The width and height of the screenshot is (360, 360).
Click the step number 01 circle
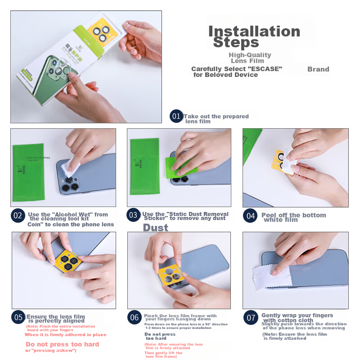[x=176, y=117]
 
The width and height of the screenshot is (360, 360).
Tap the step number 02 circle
[x=18, y=216]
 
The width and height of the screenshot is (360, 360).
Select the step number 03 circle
[x=133, y=216]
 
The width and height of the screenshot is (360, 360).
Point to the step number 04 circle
[x=251, y=216]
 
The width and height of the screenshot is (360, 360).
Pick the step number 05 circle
[x=18, y=317]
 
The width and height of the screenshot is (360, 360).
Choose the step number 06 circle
[x=134, y=317]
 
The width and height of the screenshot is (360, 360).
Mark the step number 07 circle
[x=251, y=317]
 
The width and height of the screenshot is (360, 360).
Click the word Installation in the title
[x=254, y=31]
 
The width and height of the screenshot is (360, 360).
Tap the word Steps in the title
[x=236, y=43]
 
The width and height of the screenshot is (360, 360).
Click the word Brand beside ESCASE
[x=318, y=69]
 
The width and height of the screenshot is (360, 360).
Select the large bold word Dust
[x=155, y=228]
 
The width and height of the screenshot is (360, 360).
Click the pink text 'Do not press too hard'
[x=62, y=344]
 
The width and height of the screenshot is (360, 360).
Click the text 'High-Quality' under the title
[x=250, y=55]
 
